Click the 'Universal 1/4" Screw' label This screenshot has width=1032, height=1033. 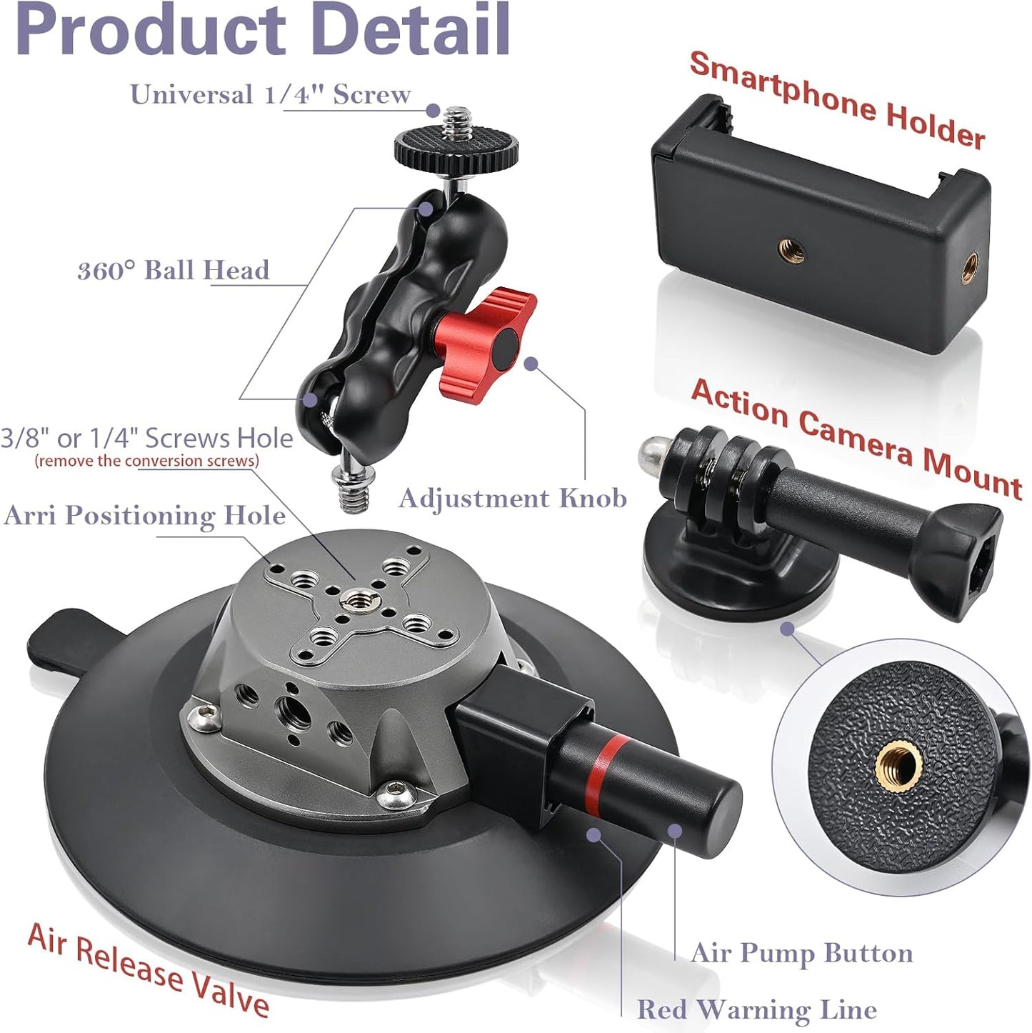(x=270, y=94)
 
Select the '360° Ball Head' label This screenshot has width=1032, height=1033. (x=173, y=270)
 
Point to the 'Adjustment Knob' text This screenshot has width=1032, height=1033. (x=512, y=498)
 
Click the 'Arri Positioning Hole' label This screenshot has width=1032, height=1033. (x=144, y=515)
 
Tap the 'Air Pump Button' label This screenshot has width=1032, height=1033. (x=801, y=952)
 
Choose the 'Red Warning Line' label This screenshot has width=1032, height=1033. (x=756, y=1009)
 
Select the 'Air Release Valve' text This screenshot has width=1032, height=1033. (x=148, y=969)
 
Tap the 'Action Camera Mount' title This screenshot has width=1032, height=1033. (x=856, y=437)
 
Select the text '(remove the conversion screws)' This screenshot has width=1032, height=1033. (x=147, y=461)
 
